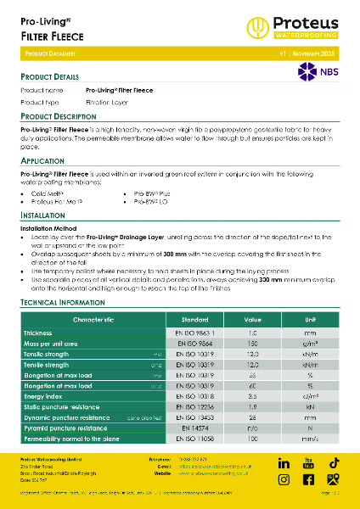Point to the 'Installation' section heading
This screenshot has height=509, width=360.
pyautogui.click(x=42, y=215)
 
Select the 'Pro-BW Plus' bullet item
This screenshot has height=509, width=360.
pyautogui.click(x=152, y=193)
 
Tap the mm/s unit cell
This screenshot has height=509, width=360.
pyautogui.click(x=310, y=439)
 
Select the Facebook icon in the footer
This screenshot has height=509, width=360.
pyautogui.click(x=308, y=479)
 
